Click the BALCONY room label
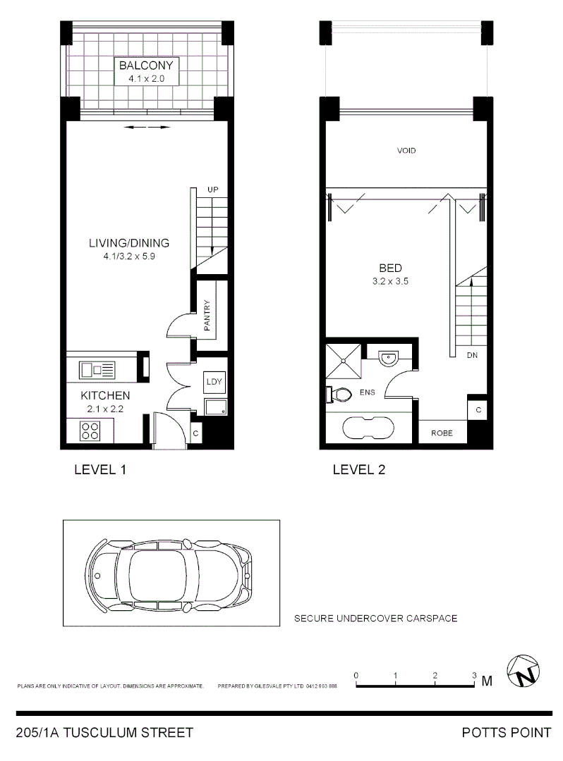[146, 66]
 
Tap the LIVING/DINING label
[128, 244]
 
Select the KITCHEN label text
[104, 396]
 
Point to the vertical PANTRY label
[207, 314]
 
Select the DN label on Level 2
[472, 356]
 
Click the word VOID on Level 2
[406, 151]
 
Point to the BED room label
[390, 268]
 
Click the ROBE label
[442, 433]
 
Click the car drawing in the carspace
[169, 574]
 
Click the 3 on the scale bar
[475, 675]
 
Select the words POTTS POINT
[506, 733]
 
